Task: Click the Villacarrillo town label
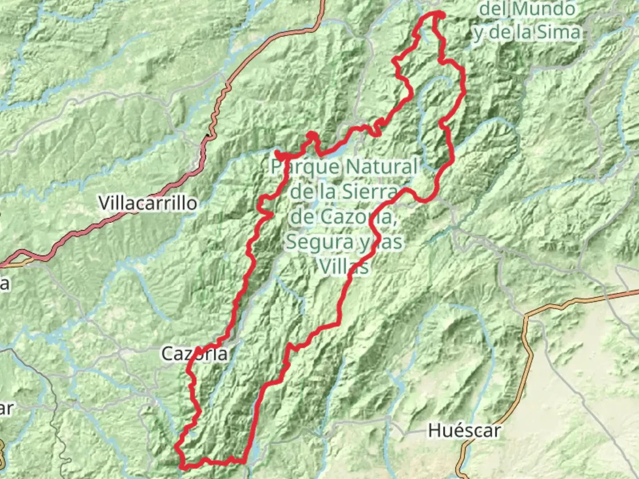(x=148, y=203)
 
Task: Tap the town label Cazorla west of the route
(x=194, y=354)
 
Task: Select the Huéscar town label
(x=464, y=430)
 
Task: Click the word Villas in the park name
(x=344, y=267)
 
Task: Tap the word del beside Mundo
(x=494, y=9)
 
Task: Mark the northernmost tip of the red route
(x=437, y=13)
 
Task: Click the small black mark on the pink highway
(x=208, y=134)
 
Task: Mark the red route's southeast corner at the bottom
(x=245, y=461)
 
